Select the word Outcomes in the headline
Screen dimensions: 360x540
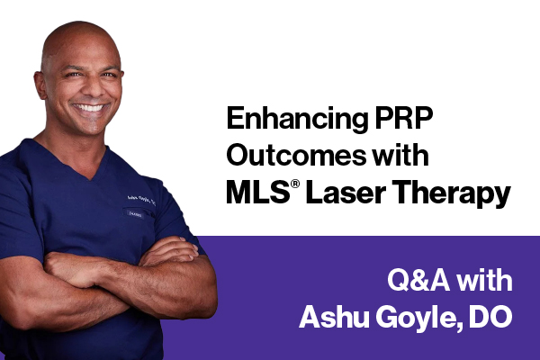[287, 156]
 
